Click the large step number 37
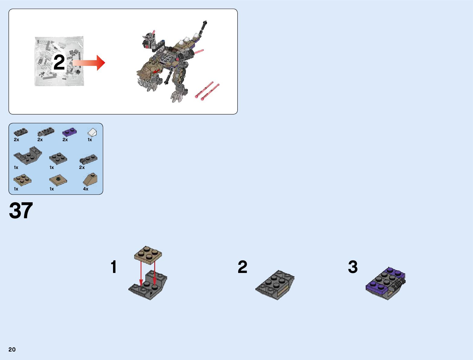coord(21,210)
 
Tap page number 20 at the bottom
coord(12,349)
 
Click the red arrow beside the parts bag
coord(89,63)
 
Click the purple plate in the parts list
coord(70,132)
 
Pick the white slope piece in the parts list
coord(92,132)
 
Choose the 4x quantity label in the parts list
coord(86,189)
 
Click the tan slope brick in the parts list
coord(90,179)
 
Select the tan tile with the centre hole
coord(58,180)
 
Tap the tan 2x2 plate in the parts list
coord(22,180)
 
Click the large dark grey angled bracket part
coord(28,156)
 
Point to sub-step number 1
coord(114,267)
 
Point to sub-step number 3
coord(353,267)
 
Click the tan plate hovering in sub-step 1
coord(148,255)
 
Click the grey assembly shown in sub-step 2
coord(275,285)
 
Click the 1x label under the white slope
coord(90,140)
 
